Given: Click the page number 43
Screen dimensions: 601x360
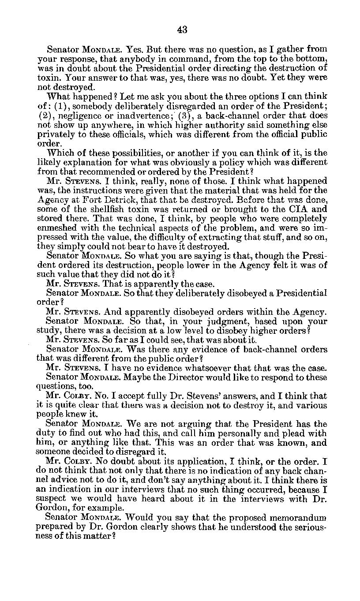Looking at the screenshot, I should (182, 30).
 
